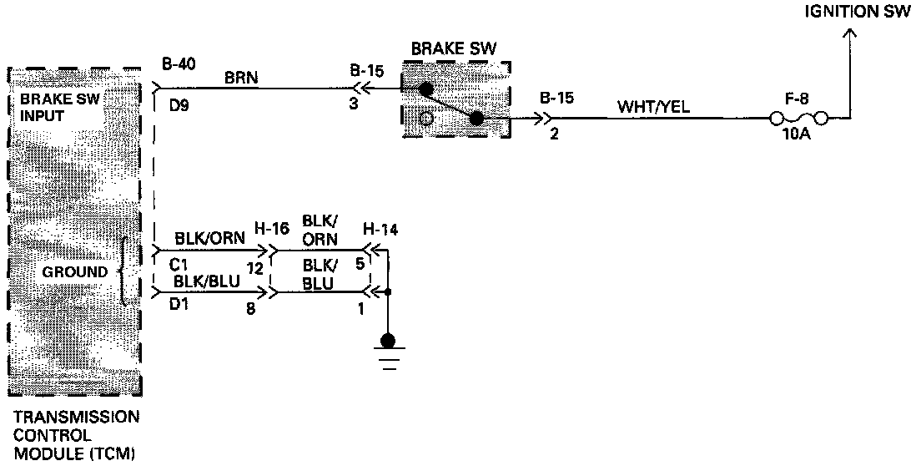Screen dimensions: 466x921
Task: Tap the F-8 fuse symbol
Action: click(x=799, y=119)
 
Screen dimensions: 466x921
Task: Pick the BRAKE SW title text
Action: click(x=453, y=48)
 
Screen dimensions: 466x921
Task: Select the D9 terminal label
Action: click(x=175, y=106)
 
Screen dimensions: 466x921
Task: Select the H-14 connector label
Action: click(x=380, y=229)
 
